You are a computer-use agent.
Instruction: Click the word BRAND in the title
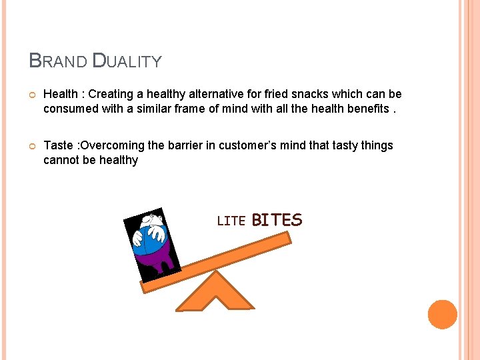click(58, 61)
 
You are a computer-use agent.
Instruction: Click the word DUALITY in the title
click(127, 61)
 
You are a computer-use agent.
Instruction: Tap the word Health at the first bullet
click(61, 95)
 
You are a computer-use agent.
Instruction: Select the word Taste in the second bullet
click(59, 145)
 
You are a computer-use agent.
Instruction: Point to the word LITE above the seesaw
click(231, 221)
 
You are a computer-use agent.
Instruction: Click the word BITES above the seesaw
click(277, 220)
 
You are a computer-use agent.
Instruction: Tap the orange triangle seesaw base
click(215, 293)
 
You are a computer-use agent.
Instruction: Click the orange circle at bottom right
click(442, 314)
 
